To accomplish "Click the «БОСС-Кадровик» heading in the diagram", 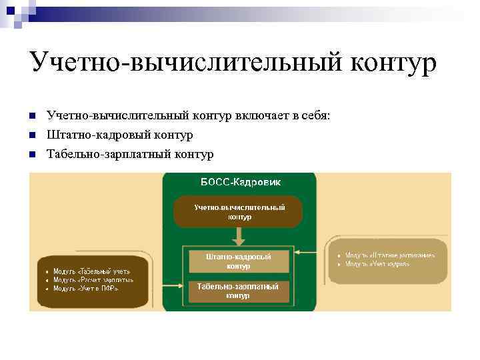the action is pos(239,182).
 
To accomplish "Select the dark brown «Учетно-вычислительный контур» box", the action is pos(239,212).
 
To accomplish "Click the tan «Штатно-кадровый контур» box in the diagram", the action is pos(238,261).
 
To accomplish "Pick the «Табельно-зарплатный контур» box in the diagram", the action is pos(238,291).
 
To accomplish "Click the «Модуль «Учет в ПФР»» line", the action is pos(86,289).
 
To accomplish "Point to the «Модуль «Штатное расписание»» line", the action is pos(390,255).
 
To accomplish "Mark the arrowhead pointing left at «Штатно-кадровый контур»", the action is pos(297,252).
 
